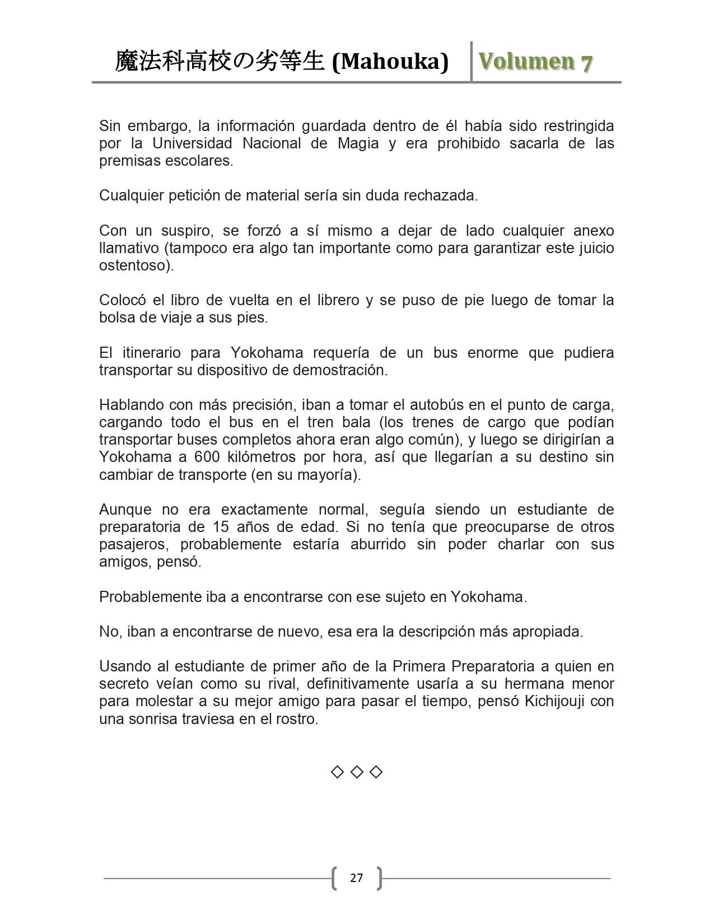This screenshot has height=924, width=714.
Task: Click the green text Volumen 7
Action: pyautogui.click(x=535, y=62)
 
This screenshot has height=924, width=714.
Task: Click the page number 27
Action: pyautogui.click(x=356, y=878)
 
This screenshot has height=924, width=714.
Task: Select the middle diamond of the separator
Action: pyautogui.click(x=357, y=772)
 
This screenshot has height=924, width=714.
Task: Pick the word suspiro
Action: pyautogui.click(x=181, y=231)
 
